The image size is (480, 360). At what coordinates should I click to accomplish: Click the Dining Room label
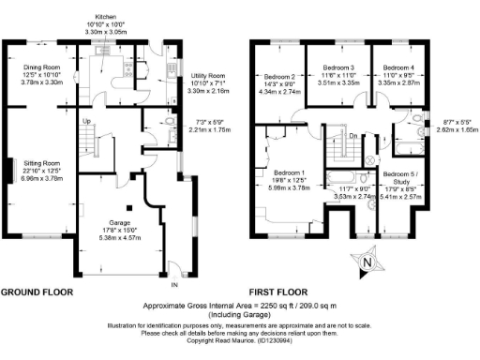(40, 67)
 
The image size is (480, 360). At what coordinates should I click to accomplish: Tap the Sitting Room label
(40, 161)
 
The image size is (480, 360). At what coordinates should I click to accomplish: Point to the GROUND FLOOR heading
(37, 292)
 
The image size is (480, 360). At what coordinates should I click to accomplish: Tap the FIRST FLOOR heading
(282, 292)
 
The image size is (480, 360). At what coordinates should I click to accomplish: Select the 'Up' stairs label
(85, 122)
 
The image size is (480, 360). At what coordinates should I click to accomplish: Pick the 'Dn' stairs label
(352, 136)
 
